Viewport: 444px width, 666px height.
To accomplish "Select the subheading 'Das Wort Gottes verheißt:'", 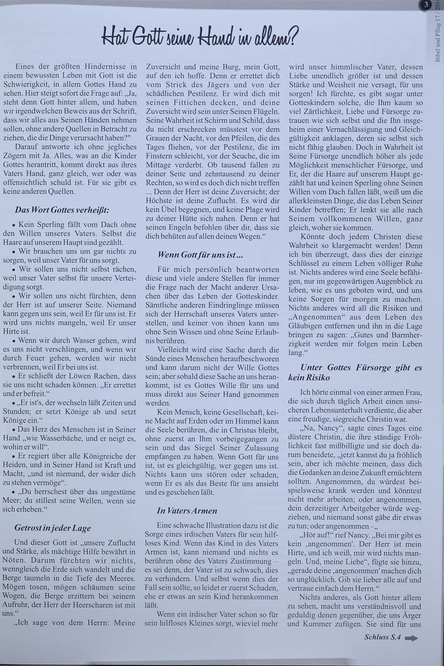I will tap(62, 209).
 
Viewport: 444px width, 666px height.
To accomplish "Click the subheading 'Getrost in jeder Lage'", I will tap(52, 528).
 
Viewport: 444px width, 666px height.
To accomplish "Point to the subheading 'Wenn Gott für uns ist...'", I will tap(200, 255).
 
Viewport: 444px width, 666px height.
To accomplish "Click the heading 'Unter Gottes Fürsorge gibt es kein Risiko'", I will tap(355, 372).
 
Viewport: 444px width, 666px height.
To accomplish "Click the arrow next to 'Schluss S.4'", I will tap(411, 639).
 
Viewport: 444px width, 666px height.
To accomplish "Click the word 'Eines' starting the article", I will tap(26, 67).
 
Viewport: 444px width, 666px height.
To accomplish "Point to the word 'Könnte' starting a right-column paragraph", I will tap(314, 236).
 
